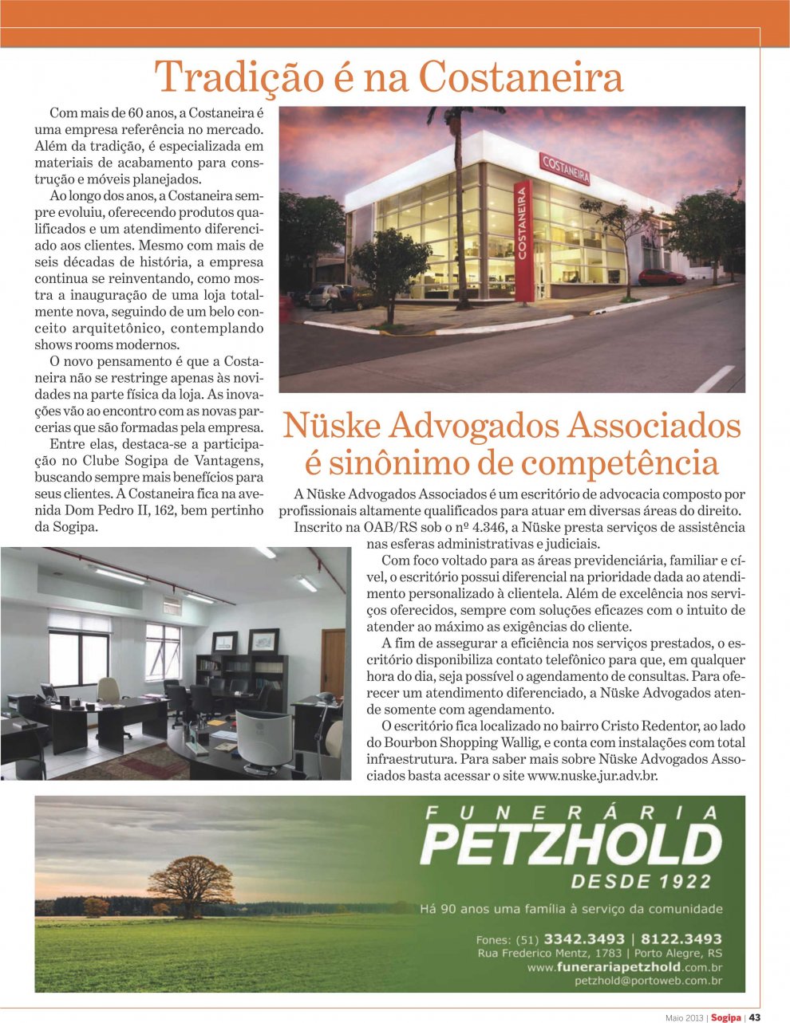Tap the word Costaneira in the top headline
tap(520, 77)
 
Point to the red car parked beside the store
tap(662, 277)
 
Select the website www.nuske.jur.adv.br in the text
tap(593, 775)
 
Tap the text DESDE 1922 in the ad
tap(641, 881)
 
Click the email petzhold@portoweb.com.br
tap(648, 982)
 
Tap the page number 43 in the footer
tap(754, 1017)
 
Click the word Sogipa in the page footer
tap(726, 1017)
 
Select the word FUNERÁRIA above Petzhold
tap(571, 813)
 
